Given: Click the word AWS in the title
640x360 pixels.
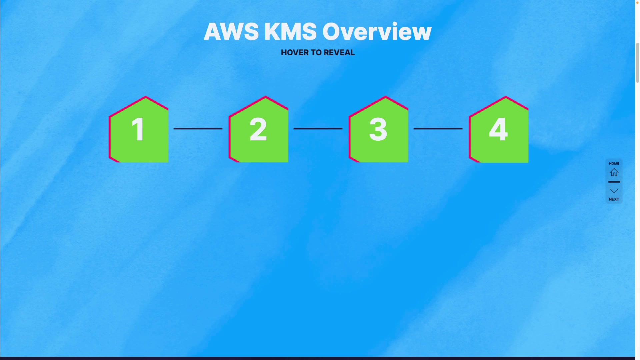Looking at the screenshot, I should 231,32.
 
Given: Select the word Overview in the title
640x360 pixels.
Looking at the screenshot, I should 377,32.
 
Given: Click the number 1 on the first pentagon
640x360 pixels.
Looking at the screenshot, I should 138,129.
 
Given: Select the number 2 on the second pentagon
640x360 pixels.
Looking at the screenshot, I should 258,129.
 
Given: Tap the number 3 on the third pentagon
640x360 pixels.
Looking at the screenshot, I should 378,129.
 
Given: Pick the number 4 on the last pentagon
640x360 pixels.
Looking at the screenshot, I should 498,129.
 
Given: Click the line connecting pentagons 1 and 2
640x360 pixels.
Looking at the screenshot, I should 198,128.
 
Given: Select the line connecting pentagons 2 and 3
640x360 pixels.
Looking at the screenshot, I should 318,128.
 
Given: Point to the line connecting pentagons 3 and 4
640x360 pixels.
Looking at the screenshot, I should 438,128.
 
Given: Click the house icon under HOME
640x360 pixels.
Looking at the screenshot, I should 614,172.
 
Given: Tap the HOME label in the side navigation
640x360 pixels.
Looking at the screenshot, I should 614,163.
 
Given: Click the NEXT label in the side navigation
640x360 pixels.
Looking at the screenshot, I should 614,199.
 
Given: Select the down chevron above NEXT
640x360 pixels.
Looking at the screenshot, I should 614,191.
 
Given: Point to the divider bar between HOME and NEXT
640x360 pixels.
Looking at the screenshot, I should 614,182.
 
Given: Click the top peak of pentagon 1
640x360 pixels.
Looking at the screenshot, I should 146,97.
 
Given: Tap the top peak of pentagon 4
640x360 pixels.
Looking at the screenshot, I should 506,97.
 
